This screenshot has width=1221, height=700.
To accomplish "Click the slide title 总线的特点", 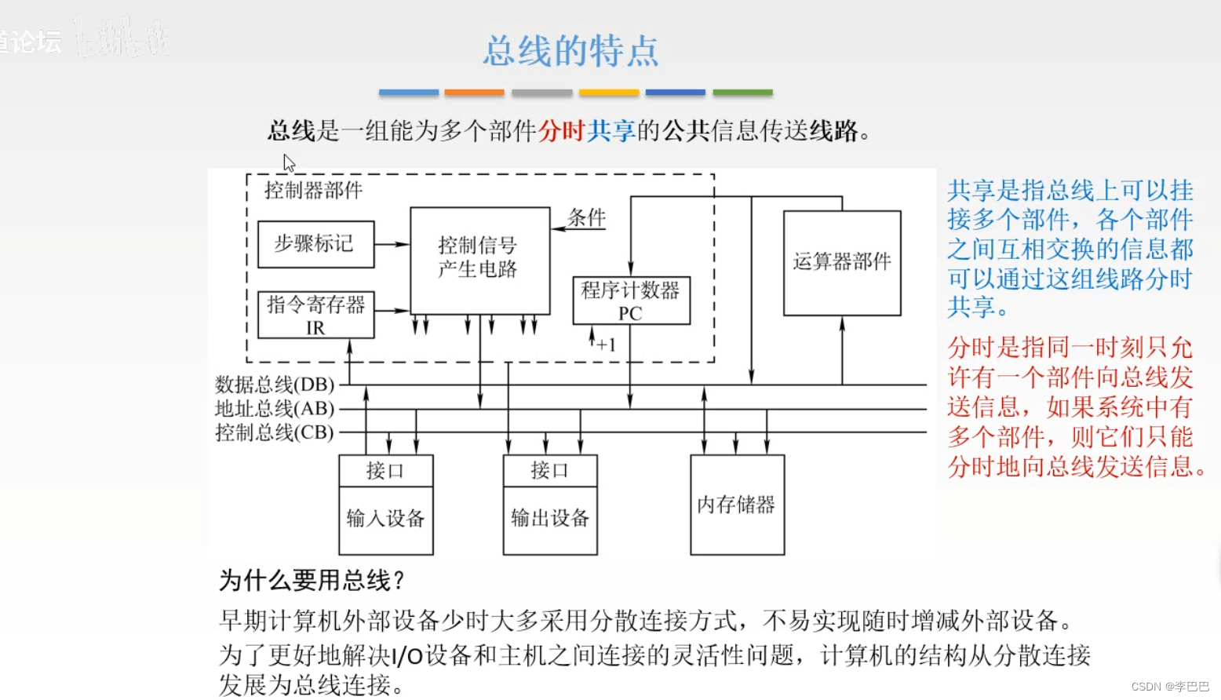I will point(570,51).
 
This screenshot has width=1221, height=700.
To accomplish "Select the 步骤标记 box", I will point(315,244).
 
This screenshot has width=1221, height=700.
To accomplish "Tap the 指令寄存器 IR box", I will point(315,315).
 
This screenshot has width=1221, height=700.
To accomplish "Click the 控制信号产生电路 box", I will point(479,260).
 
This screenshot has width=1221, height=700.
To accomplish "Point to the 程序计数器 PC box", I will point(631,301).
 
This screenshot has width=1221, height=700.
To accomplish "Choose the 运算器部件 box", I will point(842,262).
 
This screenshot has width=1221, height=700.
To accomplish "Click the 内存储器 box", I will point(737,505).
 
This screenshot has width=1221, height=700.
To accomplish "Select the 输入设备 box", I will point(385,520).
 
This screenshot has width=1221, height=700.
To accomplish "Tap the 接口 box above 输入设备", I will point(385,471).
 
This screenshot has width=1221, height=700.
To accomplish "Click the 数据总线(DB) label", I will point(275,385).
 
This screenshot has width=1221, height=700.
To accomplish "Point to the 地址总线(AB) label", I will point(275,409).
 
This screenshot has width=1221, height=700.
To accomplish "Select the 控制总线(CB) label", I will point(275,432).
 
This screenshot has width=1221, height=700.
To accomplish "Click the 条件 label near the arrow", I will point(587,217).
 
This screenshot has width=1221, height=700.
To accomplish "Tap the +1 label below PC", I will point(606,345).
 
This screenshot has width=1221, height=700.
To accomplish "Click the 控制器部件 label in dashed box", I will point(313,191).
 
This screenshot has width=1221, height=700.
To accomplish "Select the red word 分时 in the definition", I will point(561,131).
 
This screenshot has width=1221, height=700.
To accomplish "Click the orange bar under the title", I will point(474,93).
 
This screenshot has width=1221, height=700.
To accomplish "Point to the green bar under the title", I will point(742,93).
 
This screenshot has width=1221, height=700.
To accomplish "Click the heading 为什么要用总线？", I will point(312,581).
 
